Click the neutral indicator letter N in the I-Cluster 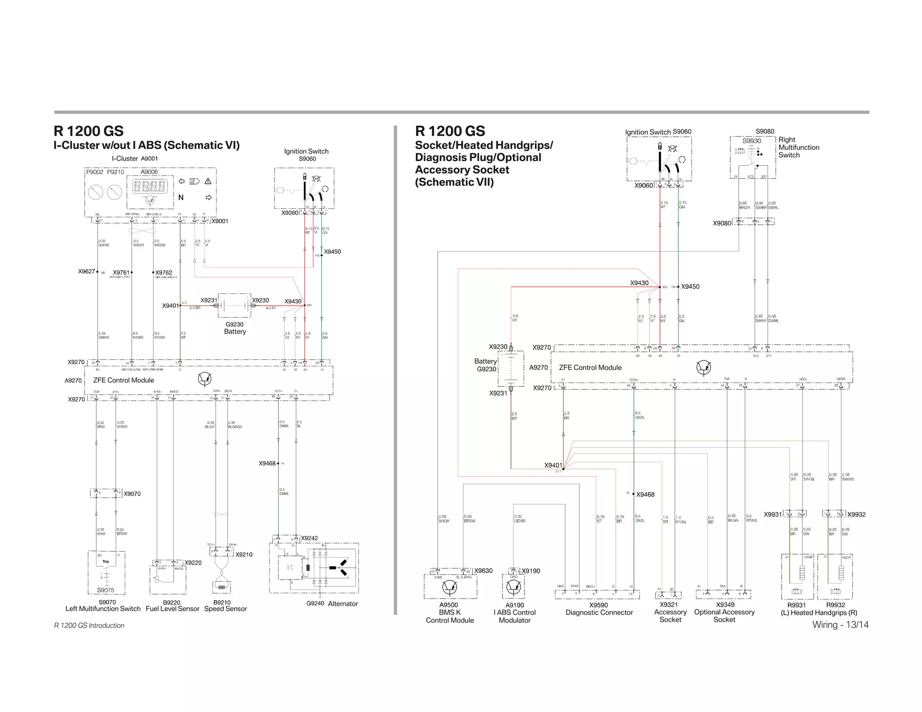[x=181, y=198]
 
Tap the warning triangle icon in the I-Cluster [x=208, y=181]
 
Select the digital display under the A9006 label [x=150, y=186]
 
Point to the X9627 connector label [x=86, y=271]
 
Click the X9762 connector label [x=164, y=273]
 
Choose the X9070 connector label [x=132, y=494]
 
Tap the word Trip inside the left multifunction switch [x=106, y=562]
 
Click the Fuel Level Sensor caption [x=172, y=609]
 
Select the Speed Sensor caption [x=226, y=609]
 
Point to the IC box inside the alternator [x=290, y=568]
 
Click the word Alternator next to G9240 [x=343, y=604]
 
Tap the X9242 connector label [x=309, y=538]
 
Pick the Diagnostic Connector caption [x=599, y=613]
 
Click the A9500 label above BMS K [x=448, y=605]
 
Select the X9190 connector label [x=531, y=571]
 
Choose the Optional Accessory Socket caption [x=724, y=616]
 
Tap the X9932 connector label [x=856, y=514]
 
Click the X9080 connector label [x=722, y=223]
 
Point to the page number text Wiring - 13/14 [x=840, y=625]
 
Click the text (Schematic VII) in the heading [x=454, y=182]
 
